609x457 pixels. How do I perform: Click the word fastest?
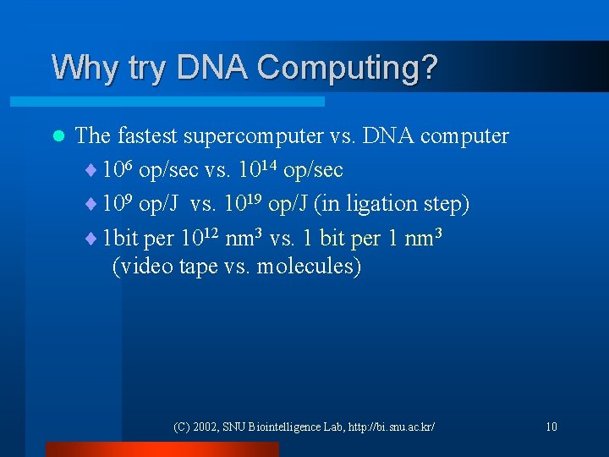click(148, 136)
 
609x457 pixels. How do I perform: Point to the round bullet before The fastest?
click(58, 136)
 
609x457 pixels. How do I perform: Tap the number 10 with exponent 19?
click(242, 204)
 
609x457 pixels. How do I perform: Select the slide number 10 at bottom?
click(551, 427)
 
